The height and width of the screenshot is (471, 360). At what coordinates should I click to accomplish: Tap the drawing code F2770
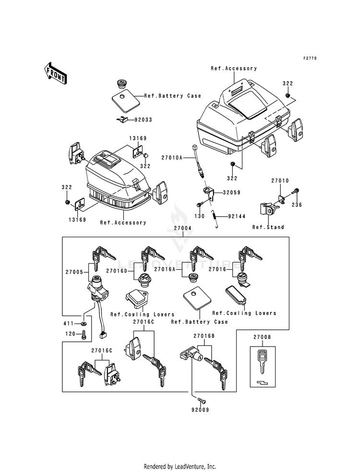click(310, 58)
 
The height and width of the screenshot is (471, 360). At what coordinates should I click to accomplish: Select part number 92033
click(143, 120)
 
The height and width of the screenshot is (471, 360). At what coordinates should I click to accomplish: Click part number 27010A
click(172, 157)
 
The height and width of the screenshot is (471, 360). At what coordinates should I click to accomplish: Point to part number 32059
click(231, 193)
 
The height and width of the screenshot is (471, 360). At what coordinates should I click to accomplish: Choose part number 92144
click(237, 216)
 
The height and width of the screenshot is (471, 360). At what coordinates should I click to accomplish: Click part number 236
click(297, 205)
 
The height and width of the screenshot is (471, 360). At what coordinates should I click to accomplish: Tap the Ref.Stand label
click(268, 227)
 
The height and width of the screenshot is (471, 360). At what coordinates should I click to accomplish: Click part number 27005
click(74, 272)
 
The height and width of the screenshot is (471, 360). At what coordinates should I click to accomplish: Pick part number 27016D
click(117, 271)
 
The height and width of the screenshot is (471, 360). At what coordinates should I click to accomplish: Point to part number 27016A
click(165, 269)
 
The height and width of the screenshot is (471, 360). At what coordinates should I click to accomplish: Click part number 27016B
click(204, 336)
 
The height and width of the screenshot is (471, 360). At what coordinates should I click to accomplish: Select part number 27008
click(262, 338)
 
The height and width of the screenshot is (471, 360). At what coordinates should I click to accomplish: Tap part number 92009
click(200, 410)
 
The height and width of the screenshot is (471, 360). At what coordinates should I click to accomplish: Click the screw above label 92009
click(202, 400)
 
